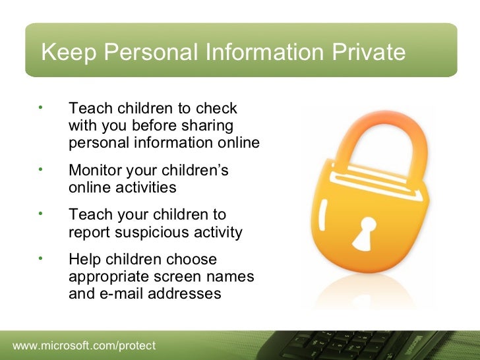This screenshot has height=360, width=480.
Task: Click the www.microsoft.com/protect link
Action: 84,345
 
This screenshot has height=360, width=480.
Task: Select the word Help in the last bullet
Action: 86,260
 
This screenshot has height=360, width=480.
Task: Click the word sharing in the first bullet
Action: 208,125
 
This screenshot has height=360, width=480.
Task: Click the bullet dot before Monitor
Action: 40,169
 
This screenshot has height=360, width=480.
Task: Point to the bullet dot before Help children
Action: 40,258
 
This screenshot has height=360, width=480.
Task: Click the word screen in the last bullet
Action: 175,277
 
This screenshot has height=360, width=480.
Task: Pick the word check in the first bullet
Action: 218,108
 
